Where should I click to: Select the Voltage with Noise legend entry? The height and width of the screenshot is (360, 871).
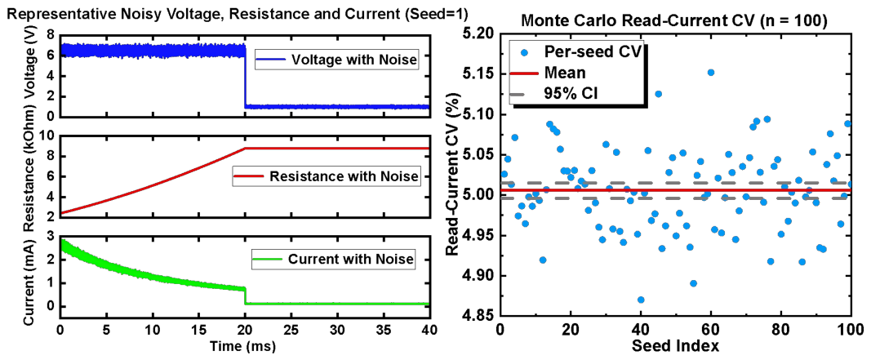[x=336, y=60]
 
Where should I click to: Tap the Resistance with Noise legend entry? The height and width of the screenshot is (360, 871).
[x=326, y=177]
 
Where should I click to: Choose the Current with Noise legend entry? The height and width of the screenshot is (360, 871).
[x=333, y=258]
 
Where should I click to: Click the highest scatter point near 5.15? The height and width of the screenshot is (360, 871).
[x=710, y=72]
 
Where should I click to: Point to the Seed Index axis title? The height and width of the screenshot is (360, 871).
[x=675, y=346]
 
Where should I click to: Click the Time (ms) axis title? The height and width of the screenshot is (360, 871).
[x=244, y=345]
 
